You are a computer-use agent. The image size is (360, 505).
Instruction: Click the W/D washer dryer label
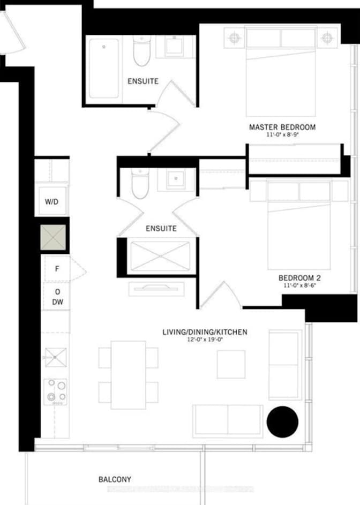click(52, 202)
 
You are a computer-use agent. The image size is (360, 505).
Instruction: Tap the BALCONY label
click(115, 479)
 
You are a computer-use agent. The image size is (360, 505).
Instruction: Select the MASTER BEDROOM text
click(282, 127)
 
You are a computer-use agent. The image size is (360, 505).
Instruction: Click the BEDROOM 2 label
click(299, 278)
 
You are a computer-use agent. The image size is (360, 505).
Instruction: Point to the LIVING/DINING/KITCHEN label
click(205, 332)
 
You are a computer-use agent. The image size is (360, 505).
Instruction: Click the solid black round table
click(282, 422)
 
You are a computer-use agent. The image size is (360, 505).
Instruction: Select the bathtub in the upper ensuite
click(104, 68)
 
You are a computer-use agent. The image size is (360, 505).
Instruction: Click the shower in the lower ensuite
click(160, 257)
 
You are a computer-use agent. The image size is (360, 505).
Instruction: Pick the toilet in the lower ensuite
click(140, 184)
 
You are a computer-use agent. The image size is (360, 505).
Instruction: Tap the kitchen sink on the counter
click(55, 357)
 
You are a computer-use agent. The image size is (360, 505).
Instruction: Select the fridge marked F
click(56, 269)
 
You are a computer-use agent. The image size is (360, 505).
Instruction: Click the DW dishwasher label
click(58, 302)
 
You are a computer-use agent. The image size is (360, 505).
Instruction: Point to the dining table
click(129, 374)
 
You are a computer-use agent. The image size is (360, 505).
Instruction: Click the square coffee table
click(231, 364)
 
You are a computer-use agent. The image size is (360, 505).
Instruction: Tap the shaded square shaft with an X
click(54, 237)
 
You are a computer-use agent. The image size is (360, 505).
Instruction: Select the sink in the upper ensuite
click(175, 47)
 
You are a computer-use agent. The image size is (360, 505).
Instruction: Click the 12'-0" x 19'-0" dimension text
click(205, 340)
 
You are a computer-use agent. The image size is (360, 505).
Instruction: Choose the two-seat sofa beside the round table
click(228, 421)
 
